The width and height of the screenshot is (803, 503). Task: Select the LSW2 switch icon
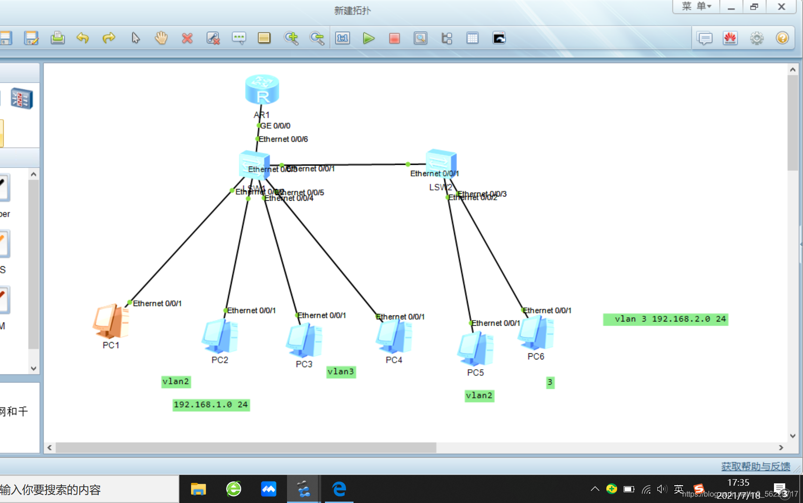click(x=441, y=162)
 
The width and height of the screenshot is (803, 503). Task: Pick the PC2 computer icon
click(x=220, y=336)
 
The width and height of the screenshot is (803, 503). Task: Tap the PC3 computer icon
click(x=304, y=340)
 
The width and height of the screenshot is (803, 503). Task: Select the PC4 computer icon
click(x=394, y=336)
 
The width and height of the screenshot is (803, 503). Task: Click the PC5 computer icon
click(x=475, y=349)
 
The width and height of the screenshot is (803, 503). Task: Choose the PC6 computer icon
click(x=536, y=333)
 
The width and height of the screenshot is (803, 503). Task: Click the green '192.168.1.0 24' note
click(x=211, y=405)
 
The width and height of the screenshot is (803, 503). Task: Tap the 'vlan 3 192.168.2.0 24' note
click(x=665, y=319)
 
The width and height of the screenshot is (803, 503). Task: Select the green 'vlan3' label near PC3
click(x=341, y=372)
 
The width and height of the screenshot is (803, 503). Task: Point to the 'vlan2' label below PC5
click(x=479, y=396)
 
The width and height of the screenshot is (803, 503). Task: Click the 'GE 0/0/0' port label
click(x=275, y=126)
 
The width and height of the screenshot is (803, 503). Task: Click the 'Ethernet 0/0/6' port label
click(x=283, y=139)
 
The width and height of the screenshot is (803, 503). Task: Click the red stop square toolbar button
click(x=394, y=38)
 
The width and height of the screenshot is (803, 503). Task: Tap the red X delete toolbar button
click(x=187, y=38)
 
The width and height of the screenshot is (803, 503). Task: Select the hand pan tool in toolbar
click(x=161, y=38)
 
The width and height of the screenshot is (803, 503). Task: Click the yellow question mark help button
click(x=782, y=38)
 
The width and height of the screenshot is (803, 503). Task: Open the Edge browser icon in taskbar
click(x=339, y=489)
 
